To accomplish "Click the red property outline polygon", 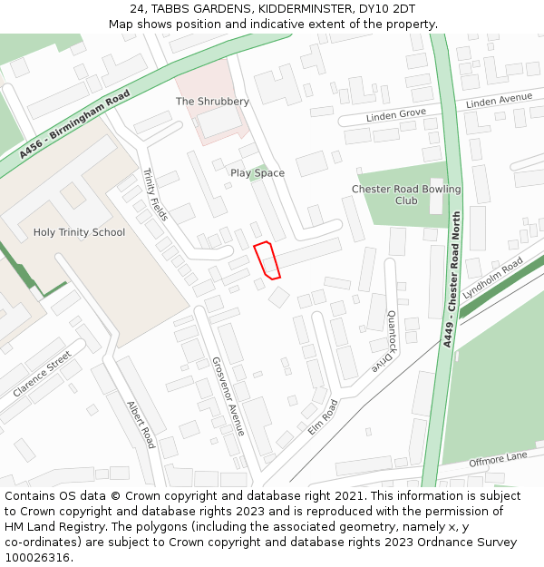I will [267, 259].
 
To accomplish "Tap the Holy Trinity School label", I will [79, 232].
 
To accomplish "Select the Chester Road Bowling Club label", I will [406, 195].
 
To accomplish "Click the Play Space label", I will [257, 172].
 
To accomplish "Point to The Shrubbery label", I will [212, 102].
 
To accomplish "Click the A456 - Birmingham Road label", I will [68, 126].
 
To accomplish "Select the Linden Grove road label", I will [396, 115].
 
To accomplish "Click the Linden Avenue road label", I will [499, 101].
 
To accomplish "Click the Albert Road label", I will [141, 425].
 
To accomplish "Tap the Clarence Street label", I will [42, 375].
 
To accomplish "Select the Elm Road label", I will [322, 416].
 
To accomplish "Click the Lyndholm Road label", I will [492, 279].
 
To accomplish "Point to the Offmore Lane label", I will [498, 460].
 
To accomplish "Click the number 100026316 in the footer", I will [39, 557].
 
